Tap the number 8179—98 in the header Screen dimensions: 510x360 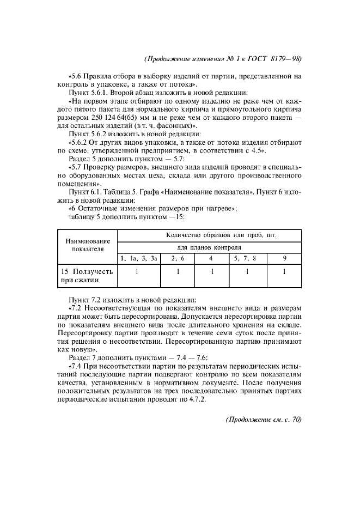click(286, 59)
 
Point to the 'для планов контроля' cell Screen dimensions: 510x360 click(210, 247)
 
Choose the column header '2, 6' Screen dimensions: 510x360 click(178, 259)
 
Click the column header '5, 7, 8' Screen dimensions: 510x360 click(246, 259)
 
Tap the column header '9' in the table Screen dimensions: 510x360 click(284, 259)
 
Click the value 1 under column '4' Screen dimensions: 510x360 click(211, 271)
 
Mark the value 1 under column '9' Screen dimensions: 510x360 click(284, 271)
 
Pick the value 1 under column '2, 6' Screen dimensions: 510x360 click(178, 271)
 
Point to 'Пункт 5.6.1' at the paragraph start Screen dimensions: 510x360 click(88, 92)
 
